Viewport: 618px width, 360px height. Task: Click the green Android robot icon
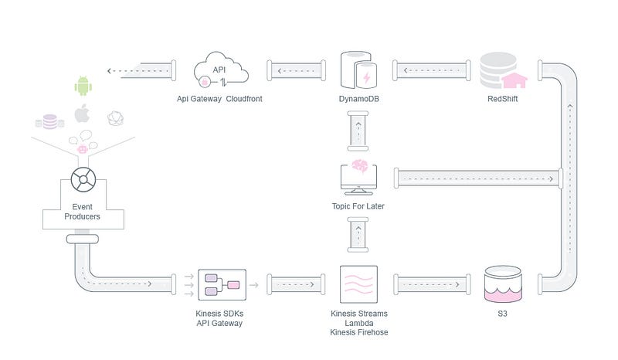coord(83,86)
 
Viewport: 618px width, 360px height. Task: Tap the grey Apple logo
coord(82,113)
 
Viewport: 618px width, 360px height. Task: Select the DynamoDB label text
coord(358,99)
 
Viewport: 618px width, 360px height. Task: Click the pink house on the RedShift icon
coord(514,81)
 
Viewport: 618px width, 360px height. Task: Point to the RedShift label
coord(503,99)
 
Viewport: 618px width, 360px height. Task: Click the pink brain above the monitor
coord(359,166)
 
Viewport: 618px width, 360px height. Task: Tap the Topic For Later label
coord(358,205)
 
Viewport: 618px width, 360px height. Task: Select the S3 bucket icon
coord(503,284)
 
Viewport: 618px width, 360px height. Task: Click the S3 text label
coord(502,314)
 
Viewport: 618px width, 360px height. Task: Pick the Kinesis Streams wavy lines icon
coord(358,284)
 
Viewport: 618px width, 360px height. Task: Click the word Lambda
coord(358,323)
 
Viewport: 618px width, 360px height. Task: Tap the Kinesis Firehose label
coord(358,332)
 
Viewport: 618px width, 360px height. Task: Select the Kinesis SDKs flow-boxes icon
coord(222,285)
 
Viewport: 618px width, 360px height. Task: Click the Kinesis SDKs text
coord(219,314)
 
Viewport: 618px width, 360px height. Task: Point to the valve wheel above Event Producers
coord(83,180)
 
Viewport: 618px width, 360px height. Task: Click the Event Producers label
coord(82,212)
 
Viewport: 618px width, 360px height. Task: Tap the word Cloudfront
coord(244,99)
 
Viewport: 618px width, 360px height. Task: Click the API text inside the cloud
coord(219,70)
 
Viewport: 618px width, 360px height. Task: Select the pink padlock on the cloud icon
coord(205,82)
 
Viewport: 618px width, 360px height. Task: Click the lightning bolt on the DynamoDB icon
coord(366,77)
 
